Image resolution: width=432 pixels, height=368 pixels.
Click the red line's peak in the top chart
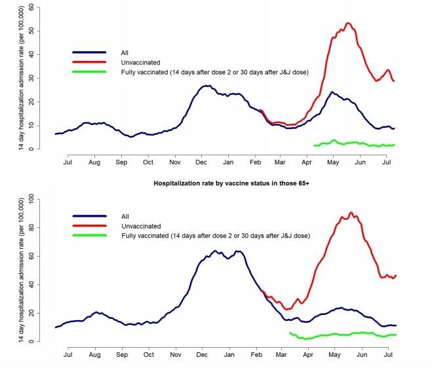348,24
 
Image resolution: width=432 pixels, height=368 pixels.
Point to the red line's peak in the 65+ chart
351,213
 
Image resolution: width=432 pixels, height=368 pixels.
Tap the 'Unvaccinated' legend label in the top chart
140,61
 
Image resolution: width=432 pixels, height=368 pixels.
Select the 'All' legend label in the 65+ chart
125,215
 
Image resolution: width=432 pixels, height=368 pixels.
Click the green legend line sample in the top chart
89,71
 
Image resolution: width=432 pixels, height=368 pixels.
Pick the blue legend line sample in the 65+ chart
89,215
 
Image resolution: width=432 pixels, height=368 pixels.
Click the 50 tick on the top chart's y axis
30,31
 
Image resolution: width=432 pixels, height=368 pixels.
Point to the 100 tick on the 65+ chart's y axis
30,199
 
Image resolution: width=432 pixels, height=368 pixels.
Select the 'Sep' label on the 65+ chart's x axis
121,354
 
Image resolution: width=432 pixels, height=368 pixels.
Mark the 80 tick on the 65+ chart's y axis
30,228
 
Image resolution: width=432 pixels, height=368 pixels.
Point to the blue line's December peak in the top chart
207,86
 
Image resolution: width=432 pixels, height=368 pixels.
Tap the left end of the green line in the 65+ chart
290,333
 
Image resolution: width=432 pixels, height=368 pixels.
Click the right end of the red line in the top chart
394,81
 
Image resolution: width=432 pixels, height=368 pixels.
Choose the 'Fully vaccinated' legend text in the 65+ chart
215,235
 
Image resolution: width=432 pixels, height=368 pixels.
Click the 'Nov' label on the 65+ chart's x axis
175,354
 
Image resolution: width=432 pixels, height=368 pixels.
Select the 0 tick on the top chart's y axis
30,149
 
